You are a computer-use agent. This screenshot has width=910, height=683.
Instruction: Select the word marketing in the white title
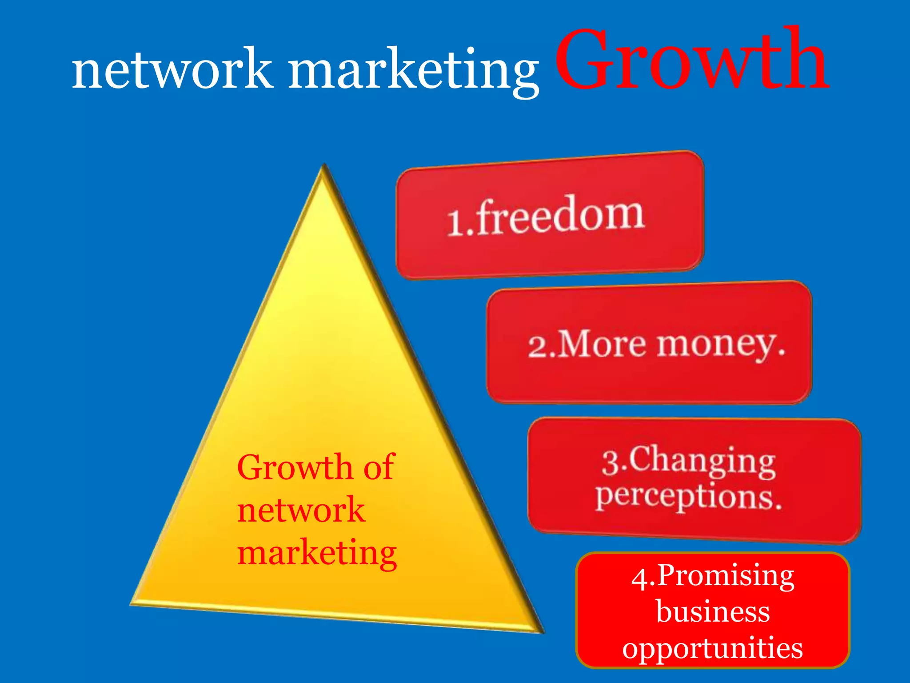(x=413, y=71)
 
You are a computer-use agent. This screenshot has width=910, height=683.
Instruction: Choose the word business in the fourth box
(x=713, y=612)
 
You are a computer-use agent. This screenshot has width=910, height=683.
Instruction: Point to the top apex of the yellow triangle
(x=324, y=167)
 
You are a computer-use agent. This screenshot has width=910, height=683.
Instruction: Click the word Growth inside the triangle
(x=295, y=467)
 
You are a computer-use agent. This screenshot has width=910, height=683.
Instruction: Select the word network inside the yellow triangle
(x=301, y=510)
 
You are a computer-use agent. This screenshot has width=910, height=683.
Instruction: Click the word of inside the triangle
(x=379, y=467)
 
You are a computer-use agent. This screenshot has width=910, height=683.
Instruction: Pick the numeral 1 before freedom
(x=455, y=222)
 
